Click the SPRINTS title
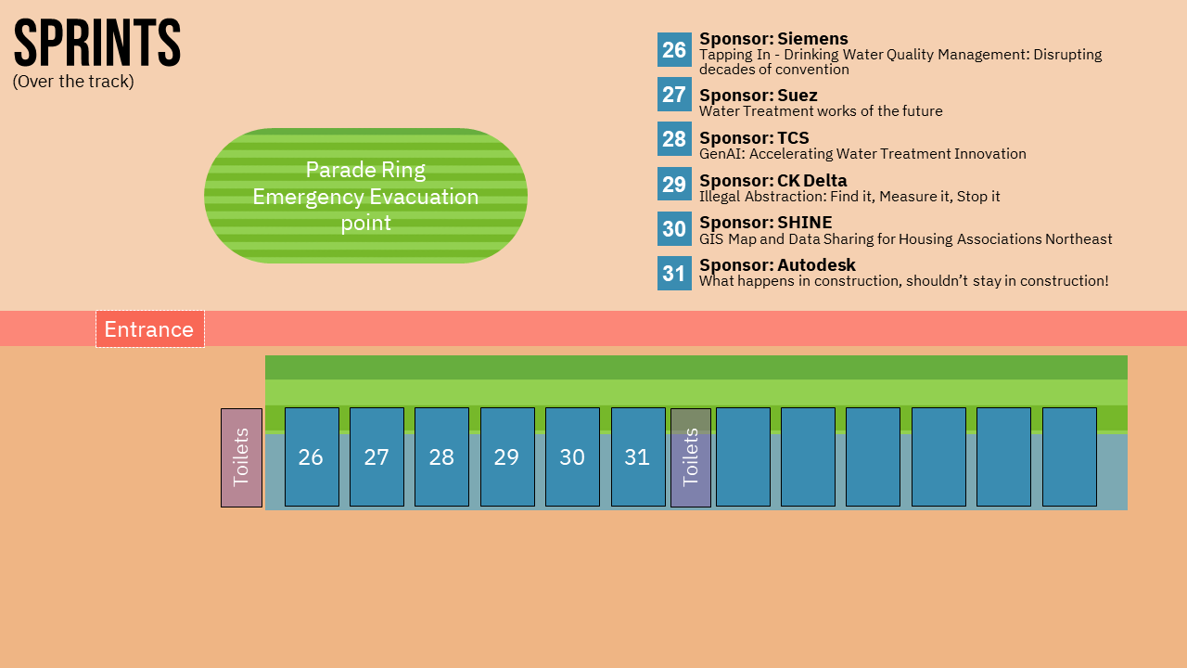(97, 43)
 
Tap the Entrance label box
(150, 329)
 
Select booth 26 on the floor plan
(313, 457)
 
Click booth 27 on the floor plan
(377, 457)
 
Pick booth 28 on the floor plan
(442, 457)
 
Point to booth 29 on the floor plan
(507, 457)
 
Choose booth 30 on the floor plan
(573, 457)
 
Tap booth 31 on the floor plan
(638, 457)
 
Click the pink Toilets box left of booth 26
(242, 457)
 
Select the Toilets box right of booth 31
(691, 457)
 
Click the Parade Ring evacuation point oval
(365, 196)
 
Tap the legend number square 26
(674, 50)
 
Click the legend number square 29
(674, 184)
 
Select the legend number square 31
(674, 273)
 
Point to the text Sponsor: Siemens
(773, 39)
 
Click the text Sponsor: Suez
(759, 96)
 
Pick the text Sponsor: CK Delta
(773, 181)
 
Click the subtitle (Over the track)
(73, 82)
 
